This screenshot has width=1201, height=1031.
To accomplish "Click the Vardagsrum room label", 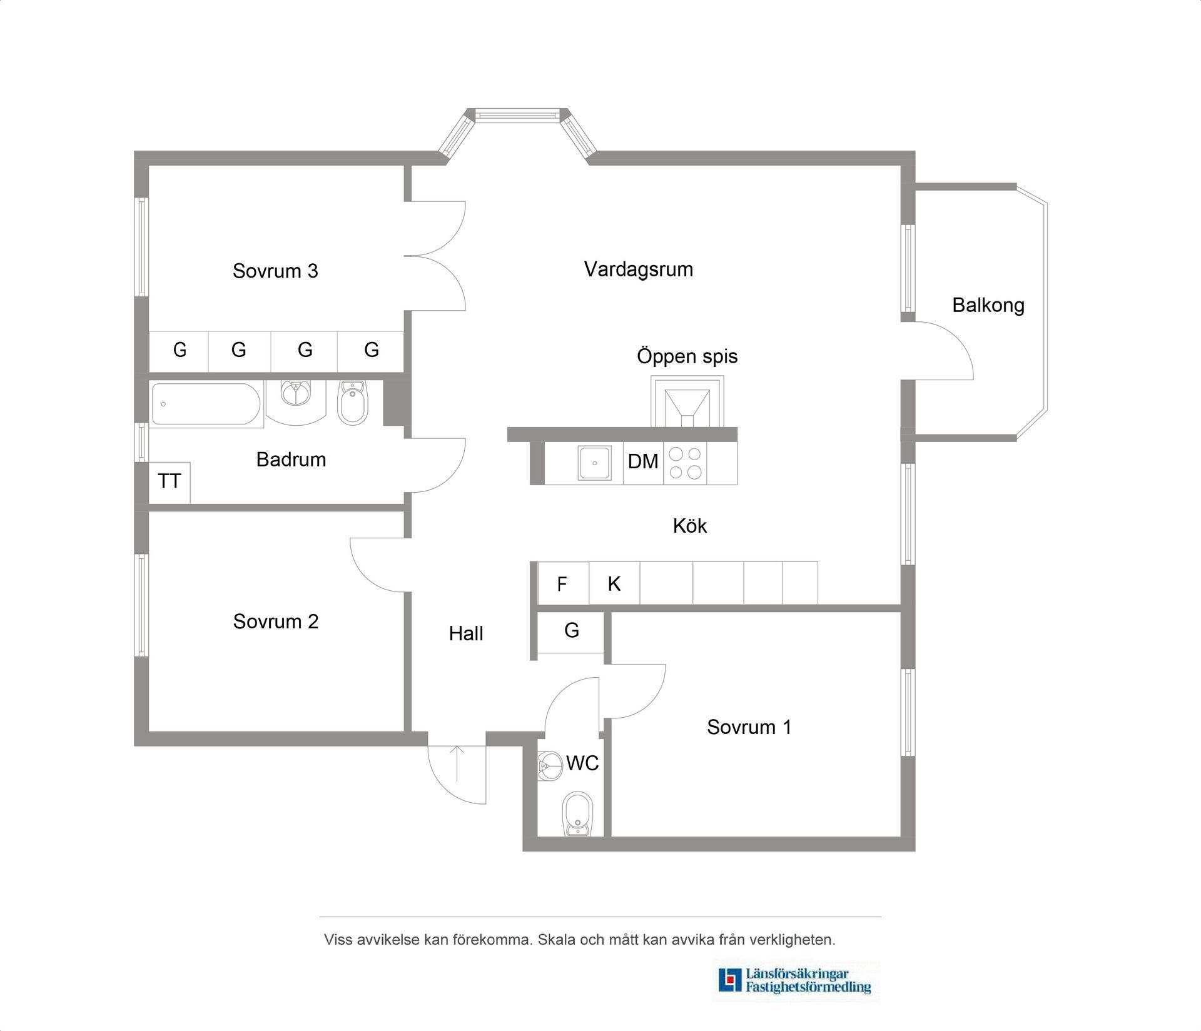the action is click(639, 270).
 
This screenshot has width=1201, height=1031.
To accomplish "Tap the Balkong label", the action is click(988, 305).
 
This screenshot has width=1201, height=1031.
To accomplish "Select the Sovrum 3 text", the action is click(275, 271).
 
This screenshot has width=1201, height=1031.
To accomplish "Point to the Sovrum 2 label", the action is click(276, 621).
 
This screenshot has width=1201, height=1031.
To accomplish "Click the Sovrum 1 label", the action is click(749, 727).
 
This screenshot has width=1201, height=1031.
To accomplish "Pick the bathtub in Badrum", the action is click(206, 404).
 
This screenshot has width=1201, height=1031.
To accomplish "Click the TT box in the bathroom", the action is click(170, 482).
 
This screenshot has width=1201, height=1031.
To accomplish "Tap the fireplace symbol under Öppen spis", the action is click(687, 402).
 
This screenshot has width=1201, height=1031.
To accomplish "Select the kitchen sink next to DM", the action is click(595, 463).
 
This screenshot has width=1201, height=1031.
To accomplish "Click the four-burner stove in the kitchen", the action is click(686, 463).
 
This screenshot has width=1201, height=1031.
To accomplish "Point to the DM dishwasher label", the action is click(643, 462).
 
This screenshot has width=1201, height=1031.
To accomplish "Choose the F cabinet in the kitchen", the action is click(563, 583).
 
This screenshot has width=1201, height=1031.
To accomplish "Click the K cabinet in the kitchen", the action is click(614, 583).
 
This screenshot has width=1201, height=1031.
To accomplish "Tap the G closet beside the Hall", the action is click(571, 632).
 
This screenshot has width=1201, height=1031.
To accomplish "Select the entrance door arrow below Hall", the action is click(457, 763).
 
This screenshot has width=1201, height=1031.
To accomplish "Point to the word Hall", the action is click(466, 634).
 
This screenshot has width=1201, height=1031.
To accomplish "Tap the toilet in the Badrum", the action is click(353, 403).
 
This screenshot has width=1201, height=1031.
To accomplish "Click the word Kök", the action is click(690, 526).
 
